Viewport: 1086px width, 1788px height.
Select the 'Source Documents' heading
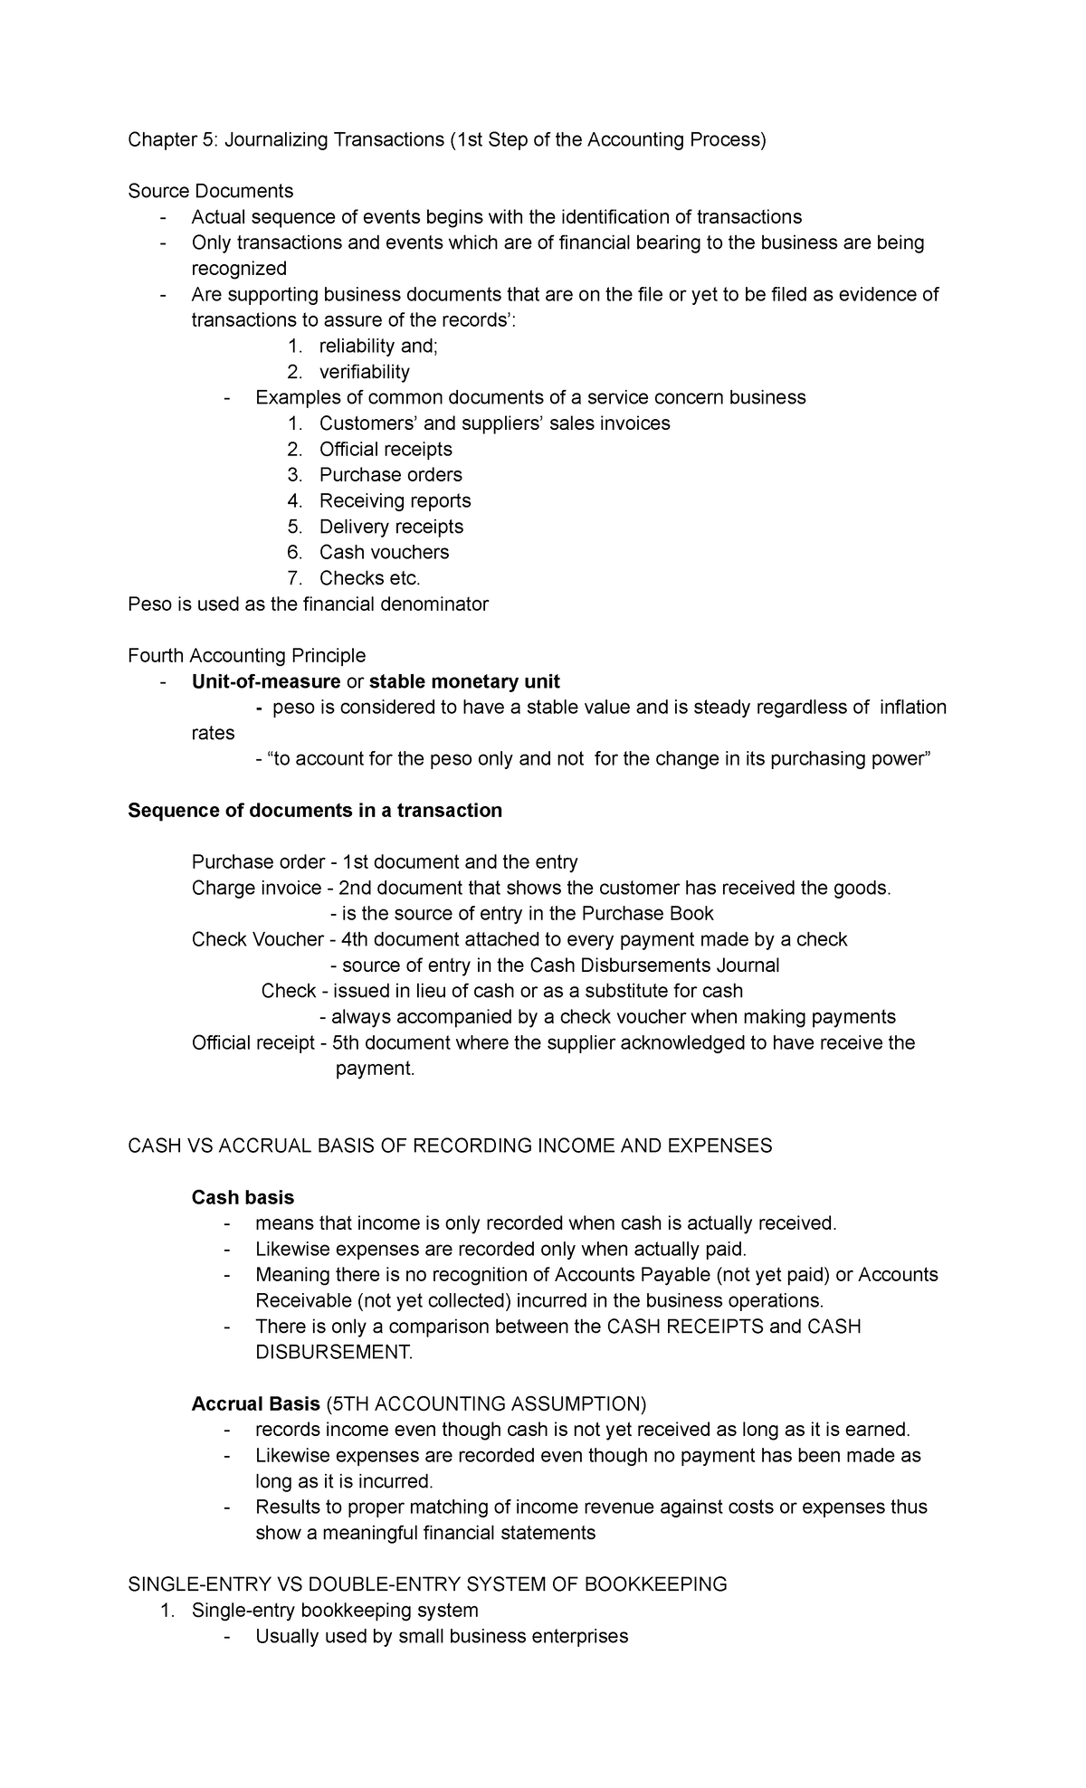point(211,191)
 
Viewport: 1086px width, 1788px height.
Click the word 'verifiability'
point(364,372)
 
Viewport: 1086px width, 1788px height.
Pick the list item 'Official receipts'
point(386,449)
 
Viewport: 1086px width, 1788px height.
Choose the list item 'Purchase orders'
point(390,475)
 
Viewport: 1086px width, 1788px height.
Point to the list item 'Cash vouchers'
point(384,552)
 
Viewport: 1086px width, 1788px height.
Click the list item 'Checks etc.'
point(370,578)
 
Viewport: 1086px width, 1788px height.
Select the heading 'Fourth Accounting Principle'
point(247,655)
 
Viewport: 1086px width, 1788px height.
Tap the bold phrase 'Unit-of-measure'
point(266,681)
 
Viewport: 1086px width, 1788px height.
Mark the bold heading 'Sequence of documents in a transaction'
point(315,810)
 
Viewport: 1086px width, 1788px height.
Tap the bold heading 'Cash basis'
point(243,1197)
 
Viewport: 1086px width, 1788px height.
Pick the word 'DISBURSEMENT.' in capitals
point(334,1352)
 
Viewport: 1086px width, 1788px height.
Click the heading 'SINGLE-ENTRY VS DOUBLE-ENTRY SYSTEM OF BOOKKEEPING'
point(428,1584)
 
